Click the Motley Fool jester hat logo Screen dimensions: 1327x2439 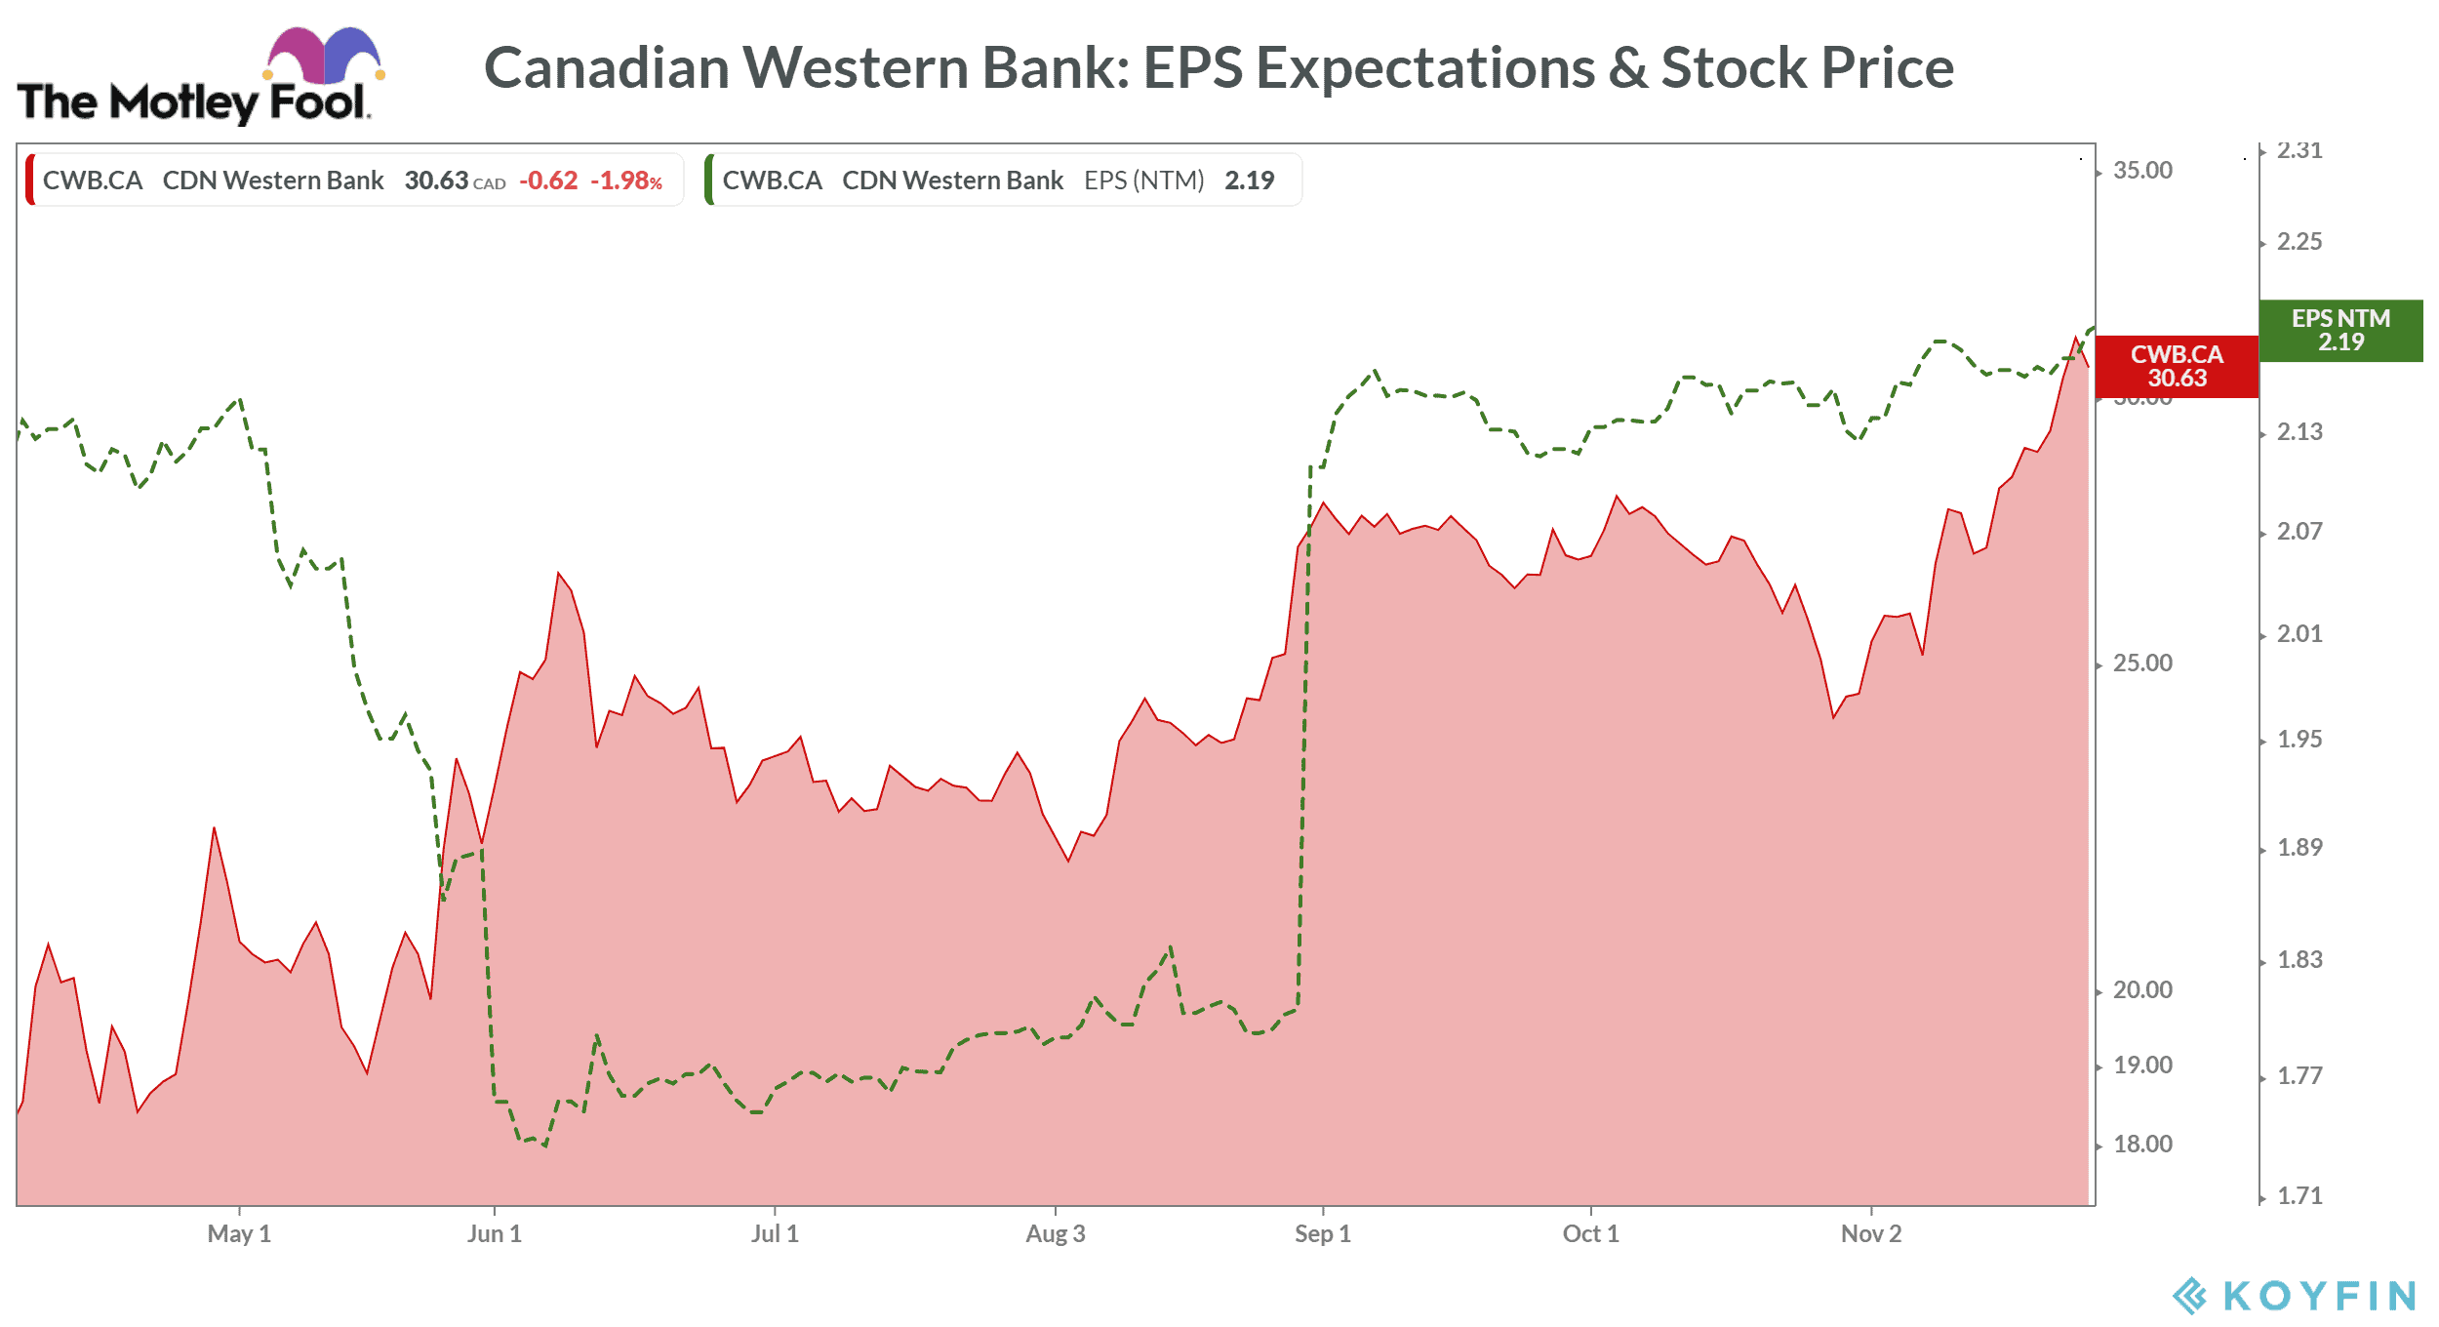pos(322,57)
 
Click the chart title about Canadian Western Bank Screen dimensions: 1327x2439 pos(1219,68)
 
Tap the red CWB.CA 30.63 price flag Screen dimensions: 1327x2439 pos(2176,366)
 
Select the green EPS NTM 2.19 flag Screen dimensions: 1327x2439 pos(2339,330)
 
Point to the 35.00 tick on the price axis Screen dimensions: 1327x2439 pos(2142,171)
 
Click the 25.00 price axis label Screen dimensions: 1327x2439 pos(2142,663)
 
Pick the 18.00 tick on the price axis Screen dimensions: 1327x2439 pos(2142,1144)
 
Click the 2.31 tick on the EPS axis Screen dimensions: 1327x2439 pos(2299,150)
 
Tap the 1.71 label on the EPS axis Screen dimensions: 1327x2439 pos(2299,1195)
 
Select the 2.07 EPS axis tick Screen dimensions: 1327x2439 pos(2299,532)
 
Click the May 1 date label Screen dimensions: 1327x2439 pos(239,1233)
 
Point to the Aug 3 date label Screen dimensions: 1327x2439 pos(1055,1233)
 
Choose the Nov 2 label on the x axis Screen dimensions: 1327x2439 pos(1870,1233)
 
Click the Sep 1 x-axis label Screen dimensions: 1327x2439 pos(1322,1233)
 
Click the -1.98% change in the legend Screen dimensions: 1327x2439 pos(625,181)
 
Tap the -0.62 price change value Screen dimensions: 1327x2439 pos(548,181)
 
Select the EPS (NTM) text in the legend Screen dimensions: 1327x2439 pos(1143,181)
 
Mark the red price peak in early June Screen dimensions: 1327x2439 pos(559,573)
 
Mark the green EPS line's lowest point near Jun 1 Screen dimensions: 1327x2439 pos(544,1146)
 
